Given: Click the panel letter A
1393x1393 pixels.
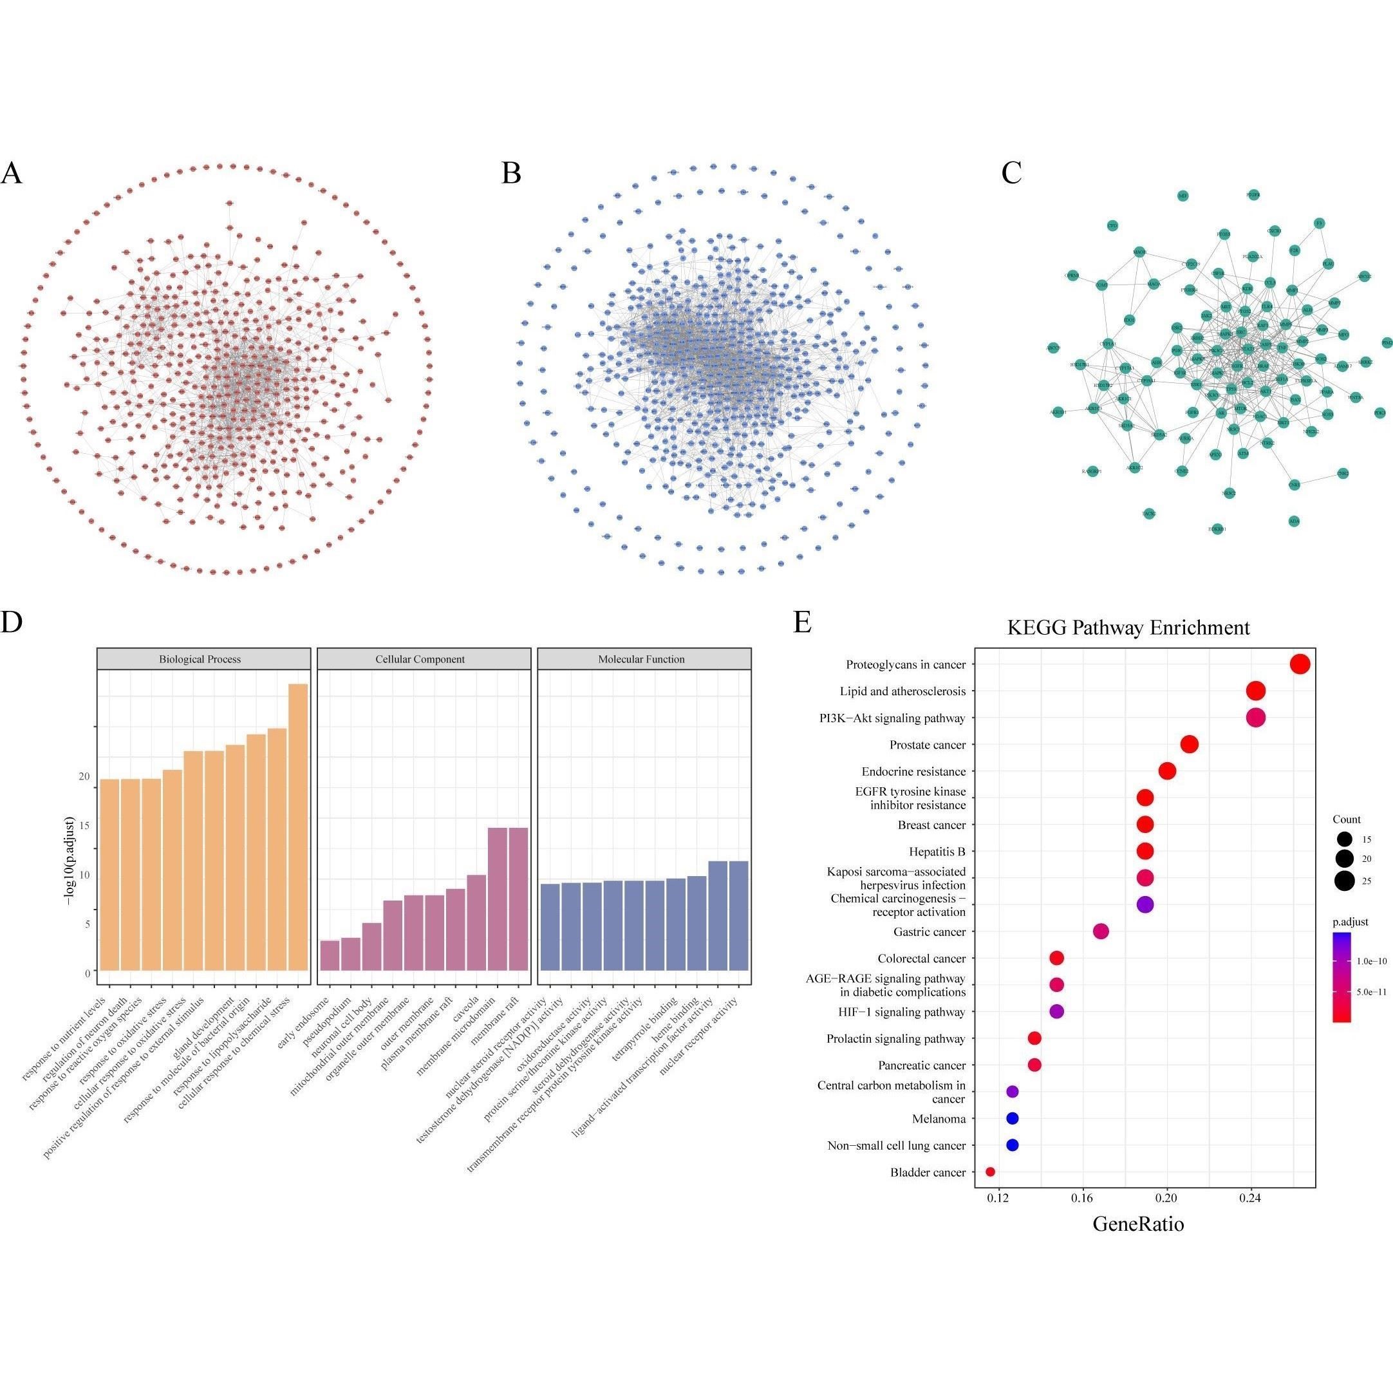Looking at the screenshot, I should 12,173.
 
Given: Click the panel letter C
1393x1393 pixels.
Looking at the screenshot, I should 1011,173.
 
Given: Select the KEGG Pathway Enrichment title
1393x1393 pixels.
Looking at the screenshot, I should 1128,627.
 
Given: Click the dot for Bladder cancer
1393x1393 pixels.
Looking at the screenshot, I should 990,1172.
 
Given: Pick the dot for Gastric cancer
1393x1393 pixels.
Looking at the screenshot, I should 1101,931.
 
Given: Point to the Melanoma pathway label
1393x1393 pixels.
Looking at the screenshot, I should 939,1119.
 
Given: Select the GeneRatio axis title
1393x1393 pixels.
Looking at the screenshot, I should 1139,1224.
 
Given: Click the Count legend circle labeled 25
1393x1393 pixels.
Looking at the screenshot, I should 1344,881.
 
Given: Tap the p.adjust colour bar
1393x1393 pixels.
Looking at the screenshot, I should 1342,977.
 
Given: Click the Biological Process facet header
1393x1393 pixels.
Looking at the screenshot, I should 200,659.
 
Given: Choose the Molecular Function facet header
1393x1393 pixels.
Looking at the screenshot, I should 641,659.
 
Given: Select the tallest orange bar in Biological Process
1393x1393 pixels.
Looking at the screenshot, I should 298,827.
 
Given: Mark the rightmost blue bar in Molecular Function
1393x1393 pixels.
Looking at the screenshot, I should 738,916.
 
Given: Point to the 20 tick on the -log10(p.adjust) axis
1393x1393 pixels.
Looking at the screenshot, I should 84,776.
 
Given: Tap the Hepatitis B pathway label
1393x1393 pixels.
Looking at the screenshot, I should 937,852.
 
